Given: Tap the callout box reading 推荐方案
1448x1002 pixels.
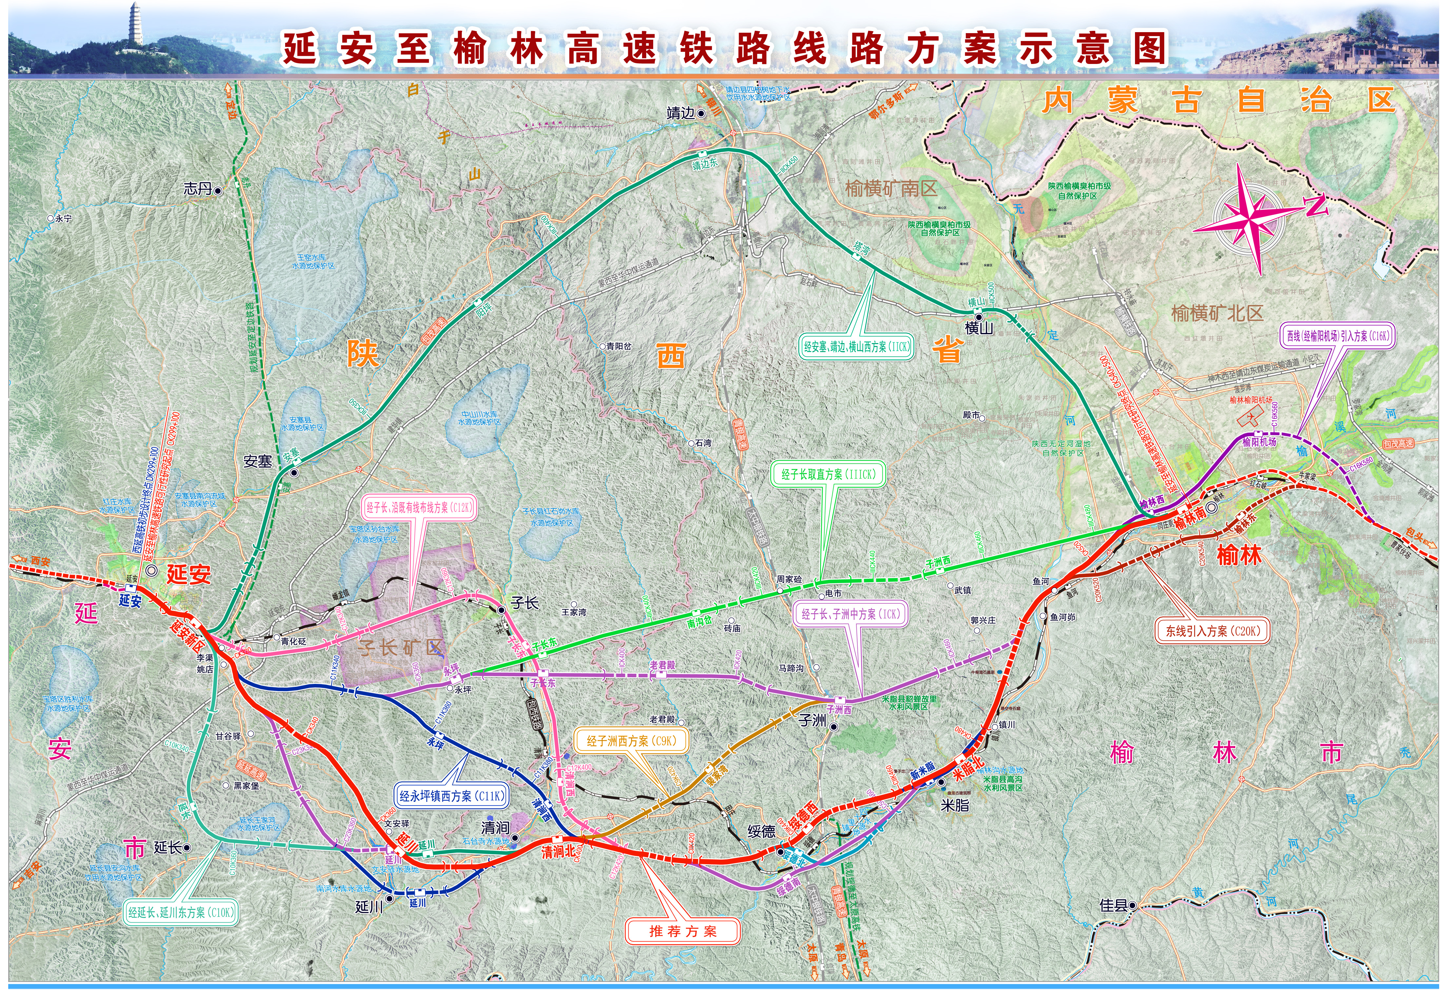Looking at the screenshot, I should click(683, 931).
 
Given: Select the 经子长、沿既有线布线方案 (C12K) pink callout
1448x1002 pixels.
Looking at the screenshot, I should click(419, 507).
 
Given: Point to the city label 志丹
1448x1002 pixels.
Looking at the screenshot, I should click(198, 188).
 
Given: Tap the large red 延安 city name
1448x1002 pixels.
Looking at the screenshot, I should click(188, 574).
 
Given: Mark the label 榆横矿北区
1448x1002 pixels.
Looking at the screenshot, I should click(1217, 313).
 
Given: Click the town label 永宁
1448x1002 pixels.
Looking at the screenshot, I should click(63, 218).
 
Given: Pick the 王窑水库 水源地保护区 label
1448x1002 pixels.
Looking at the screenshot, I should click(312, 262).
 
